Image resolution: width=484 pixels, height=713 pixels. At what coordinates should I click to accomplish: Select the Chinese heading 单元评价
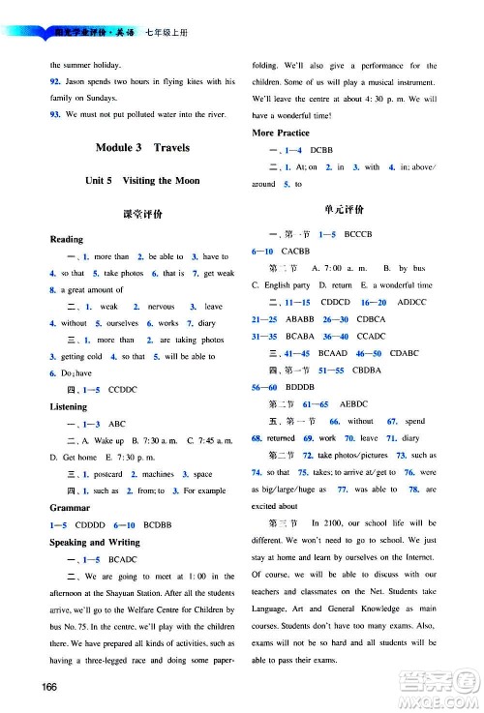click(346, 209)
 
